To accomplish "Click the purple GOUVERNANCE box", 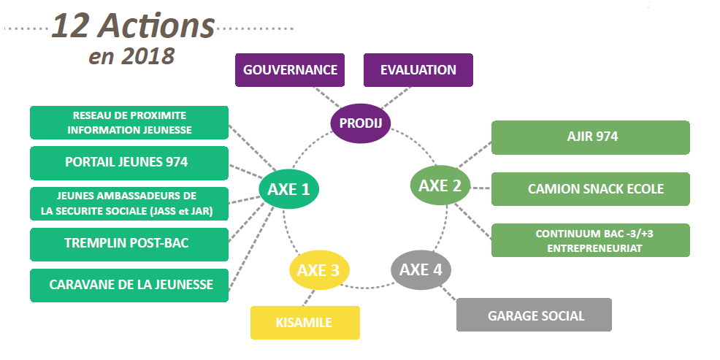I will [x=290, y=70].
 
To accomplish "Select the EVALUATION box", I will [x=418, y=70].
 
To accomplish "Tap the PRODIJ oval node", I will [x=361, y=123].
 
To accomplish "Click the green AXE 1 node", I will [x=288, y=189].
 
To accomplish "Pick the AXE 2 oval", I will [x=440, y=185].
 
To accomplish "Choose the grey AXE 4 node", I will [x=421, y=269].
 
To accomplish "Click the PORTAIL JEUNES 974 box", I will [x=129, y=162].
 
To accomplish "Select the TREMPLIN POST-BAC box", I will [x=129, y=244].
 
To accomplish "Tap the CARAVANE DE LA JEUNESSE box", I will [x=129, y=285].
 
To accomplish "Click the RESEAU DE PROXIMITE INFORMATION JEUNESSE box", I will [x=129, y=122].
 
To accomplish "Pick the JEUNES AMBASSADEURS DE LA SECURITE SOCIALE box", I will [x=129, y=203].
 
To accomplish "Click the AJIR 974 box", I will [x=590, y=137].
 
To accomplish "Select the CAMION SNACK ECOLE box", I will [x=590, y=189].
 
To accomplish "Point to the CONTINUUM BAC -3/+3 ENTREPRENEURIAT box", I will [x=590, y=240].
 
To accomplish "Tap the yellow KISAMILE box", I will [x=305, y=322].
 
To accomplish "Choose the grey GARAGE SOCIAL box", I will [x=534, y=315].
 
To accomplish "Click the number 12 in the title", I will [x=71, y=26].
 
